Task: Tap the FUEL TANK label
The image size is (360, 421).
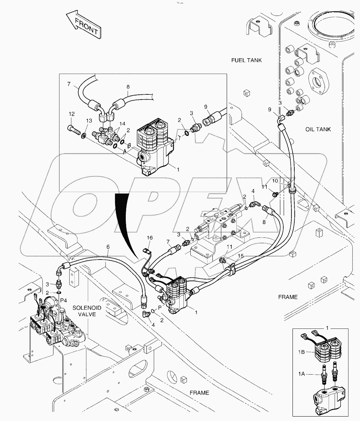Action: [x=246, y=60]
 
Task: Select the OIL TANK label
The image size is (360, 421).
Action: [x=318, y=129]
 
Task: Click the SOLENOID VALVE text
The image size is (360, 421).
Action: [x=84, y=311]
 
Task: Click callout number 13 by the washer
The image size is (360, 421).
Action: [x=89, y=121]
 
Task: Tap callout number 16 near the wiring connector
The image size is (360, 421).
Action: [x=149, y=238]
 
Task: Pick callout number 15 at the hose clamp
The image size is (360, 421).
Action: [x=240, y=255]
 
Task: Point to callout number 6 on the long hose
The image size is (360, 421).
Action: [x=108, y=247]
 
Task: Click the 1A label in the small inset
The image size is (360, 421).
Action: [x=301, y=374]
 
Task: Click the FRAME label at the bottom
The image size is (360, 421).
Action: [x=199, y=393]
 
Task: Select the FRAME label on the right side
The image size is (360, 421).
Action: [x=288, y=297]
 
